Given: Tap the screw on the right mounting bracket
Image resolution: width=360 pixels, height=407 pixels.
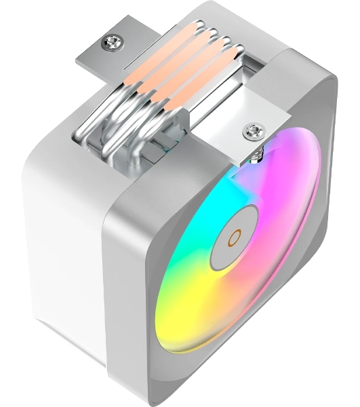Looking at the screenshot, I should click(x=254, y=130).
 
